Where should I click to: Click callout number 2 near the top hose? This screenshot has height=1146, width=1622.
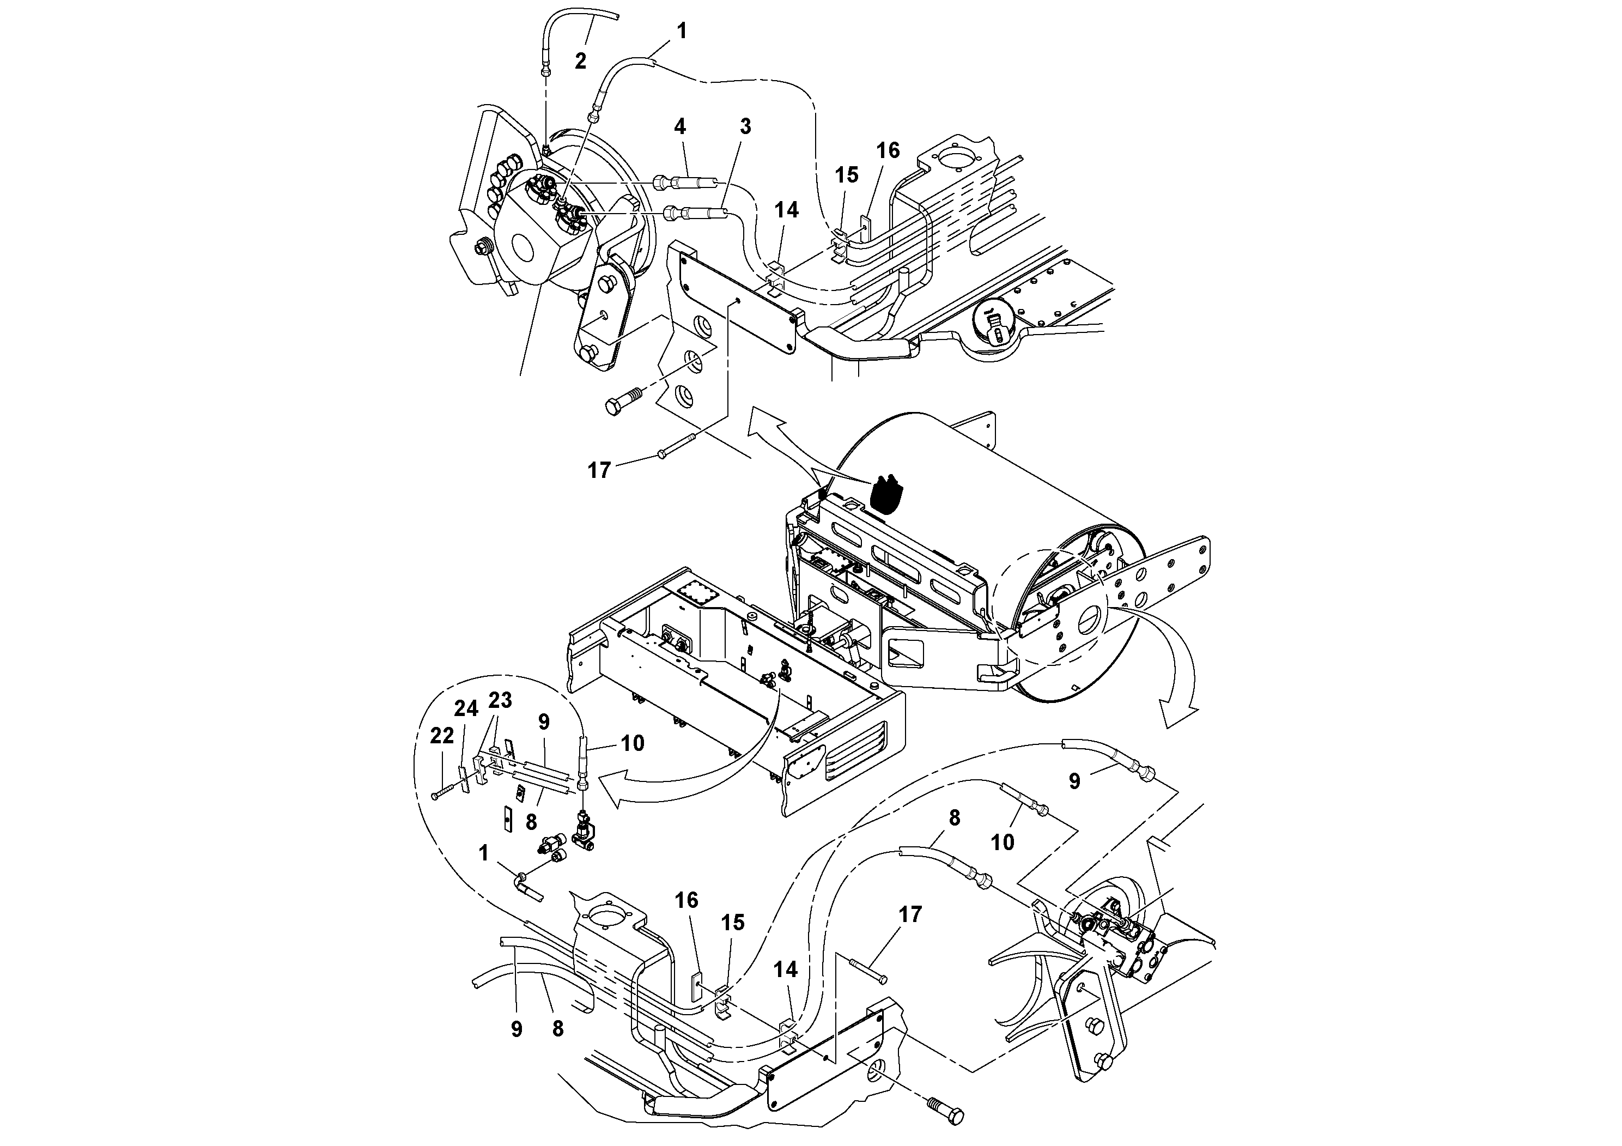(580, 62)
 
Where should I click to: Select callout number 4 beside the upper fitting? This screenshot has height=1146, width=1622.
(679, 127)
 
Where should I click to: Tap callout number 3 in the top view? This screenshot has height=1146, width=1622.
(745, 127)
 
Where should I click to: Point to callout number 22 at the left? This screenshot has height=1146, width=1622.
(442, 736)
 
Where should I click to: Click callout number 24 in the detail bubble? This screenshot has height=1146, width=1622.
(466, 708)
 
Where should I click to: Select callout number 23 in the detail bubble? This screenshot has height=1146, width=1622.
(500, 700)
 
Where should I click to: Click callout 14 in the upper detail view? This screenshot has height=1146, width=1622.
(786, 210)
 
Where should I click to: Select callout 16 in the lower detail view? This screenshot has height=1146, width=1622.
(686, 900)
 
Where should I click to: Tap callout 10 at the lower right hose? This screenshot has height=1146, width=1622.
(1003, 841)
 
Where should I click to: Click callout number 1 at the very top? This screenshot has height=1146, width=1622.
(681, 31)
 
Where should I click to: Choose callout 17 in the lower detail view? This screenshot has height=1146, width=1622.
(910, 914)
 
